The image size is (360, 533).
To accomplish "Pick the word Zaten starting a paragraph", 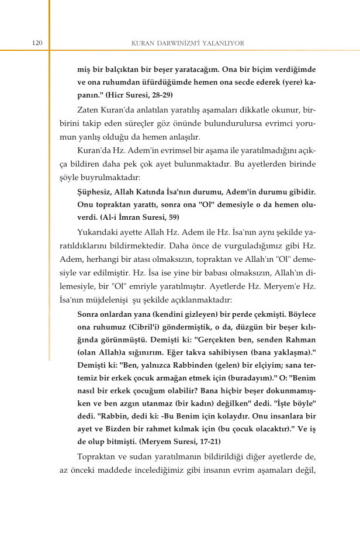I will (89, 110).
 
